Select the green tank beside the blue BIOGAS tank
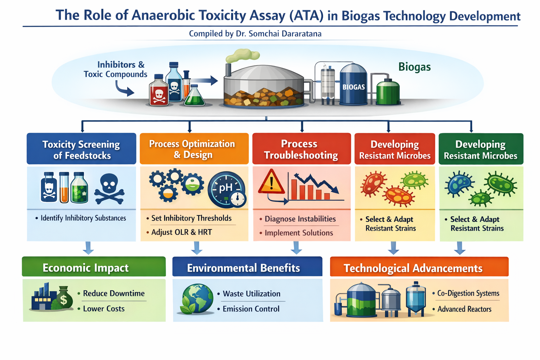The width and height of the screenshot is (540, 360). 388,92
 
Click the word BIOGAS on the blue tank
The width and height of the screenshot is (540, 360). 353,87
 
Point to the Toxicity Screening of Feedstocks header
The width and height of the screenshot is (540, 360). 81,149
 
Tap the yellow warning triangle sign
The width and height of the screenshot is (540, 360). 271,182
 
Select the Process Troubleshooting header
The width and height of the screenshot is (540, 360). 301,149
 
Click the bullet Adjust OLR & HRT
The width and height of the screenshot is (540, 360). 181,232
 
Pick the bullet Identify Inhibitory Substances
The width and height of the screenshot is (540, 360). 83,218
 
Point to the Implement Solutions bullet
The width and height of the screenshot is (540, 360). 298,233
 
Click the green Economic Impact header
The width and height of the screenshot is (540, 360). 86,268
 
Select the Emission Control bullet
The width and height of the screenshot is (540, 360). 251,309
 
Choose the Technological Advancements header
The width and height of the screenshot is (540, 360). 413,268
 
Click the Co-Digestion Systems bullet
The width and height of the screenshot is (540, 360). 468,294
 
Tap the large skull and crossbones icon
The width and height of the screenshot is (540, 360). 109,189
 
